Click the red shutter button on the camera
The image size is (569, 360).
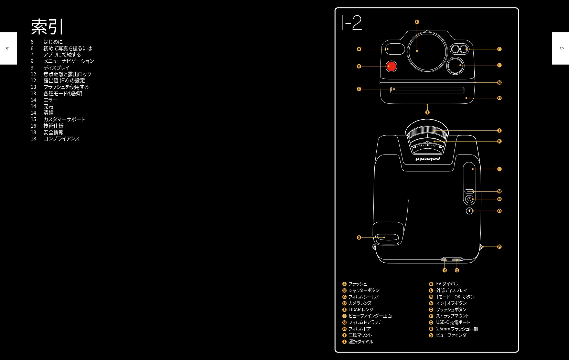click(x=391, y=66)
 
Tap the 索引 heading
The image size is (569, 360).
click(x=47, y=27)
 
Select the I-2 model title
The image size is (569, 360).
click(x=352, y=22)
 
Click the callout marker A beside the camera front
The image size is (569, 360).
click(x=359, y=49)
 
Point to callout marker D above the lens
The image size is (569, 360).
click(x=417, y=22)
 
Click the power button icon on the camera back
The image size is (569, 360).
click(x=469, y=199)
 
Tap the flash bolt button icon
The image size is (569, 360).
click(x=469, y=211)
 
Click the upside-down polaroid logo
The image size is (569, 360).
click(x=428, y=159)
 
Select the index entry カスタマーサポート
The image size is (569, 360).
click(x=64, y=119)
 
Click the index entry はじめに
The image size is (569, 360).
click(x=53, y=42)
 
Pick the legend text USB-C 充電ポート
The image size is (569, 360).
click(x=453, y=322)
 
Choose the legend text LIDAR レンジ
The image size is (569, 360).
click(x=361, y=309)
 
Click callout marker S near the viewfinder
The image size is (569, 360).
click(x=359, y=237)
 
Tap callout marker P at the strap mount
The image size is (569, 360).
click(x=500, y=247)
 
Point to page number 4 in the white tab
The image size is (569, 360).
click(x=7, y=48)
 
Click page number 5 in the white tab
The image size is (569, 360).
click(x=562, y=48)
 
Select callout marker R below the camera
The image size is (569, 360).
click(x=444, y=270)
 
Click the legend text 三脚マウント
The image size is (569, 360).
click(x=360, y=335)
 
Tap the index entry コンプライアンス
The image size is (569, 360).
click(x=62, y=139)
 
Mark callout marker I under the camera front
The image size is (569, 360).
click(x=427, y=112)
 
